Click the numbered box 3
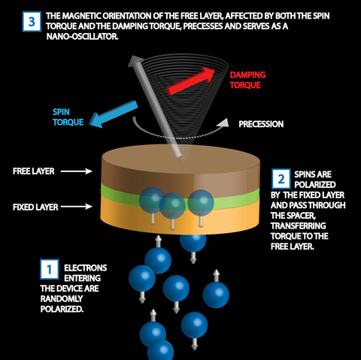[x=32, y=21]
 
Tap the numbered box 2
[x=281, y=179]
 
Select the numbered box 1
[x=50, y=269]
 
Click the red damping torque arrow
[x=191, y=80]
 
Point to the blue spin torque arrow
[x=114, y=114]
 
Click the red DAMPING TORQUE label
[x=247, y=80]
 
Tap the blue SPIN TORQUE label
[x=68, y=117]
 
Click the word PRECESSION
[x=261, y=124]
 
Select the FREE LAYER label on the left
[x=34, y=171]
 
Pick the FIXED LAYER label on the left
[x=35, y=207]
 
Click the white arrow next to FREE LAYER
[x=77, y=171]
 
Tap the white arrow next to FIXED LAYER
[x=77, y=207]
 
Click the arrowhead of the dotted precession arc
[x=224, y=123]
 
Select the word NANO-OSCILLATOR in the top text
[x=82, y=37]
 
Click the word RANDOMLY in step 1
[x=62, y=298]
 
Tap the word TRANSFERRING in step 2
[x=299, y=225]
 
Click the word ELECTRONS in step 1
[x=86, y=268]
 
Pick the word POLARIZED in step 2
[x=315, y=184]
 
